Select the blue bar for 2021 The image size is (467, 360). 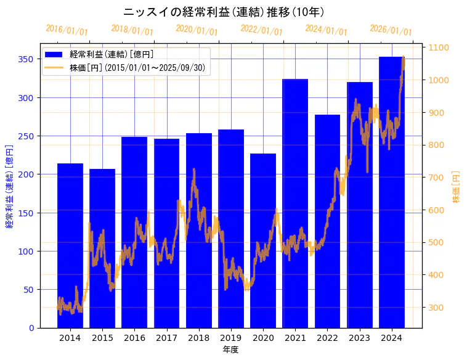(295, 203)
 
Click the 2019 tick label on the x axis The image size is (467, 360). (231, 338)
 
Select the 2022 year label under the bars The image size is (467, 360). (327, 338)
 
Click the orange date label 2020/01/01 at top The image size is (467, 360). (197, 30)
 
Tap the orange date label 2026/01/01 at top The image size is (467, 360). (391, 30)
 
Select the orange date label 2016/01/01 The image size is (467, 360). (67, 30)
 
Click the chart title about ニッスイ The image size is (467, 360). (224, 12)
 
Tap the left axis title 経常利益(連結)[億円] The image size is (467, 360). (9, 186)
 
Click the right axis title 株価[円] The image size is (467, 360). (457, 186)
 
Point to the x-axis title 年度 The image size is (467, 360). (230, 350)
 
